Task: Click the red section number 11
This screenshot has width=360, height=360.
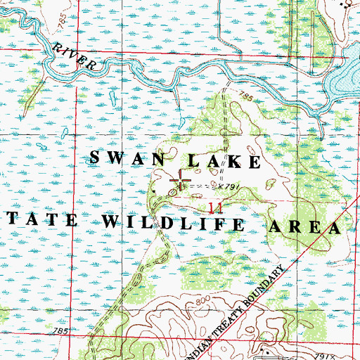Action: [216, 207]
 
